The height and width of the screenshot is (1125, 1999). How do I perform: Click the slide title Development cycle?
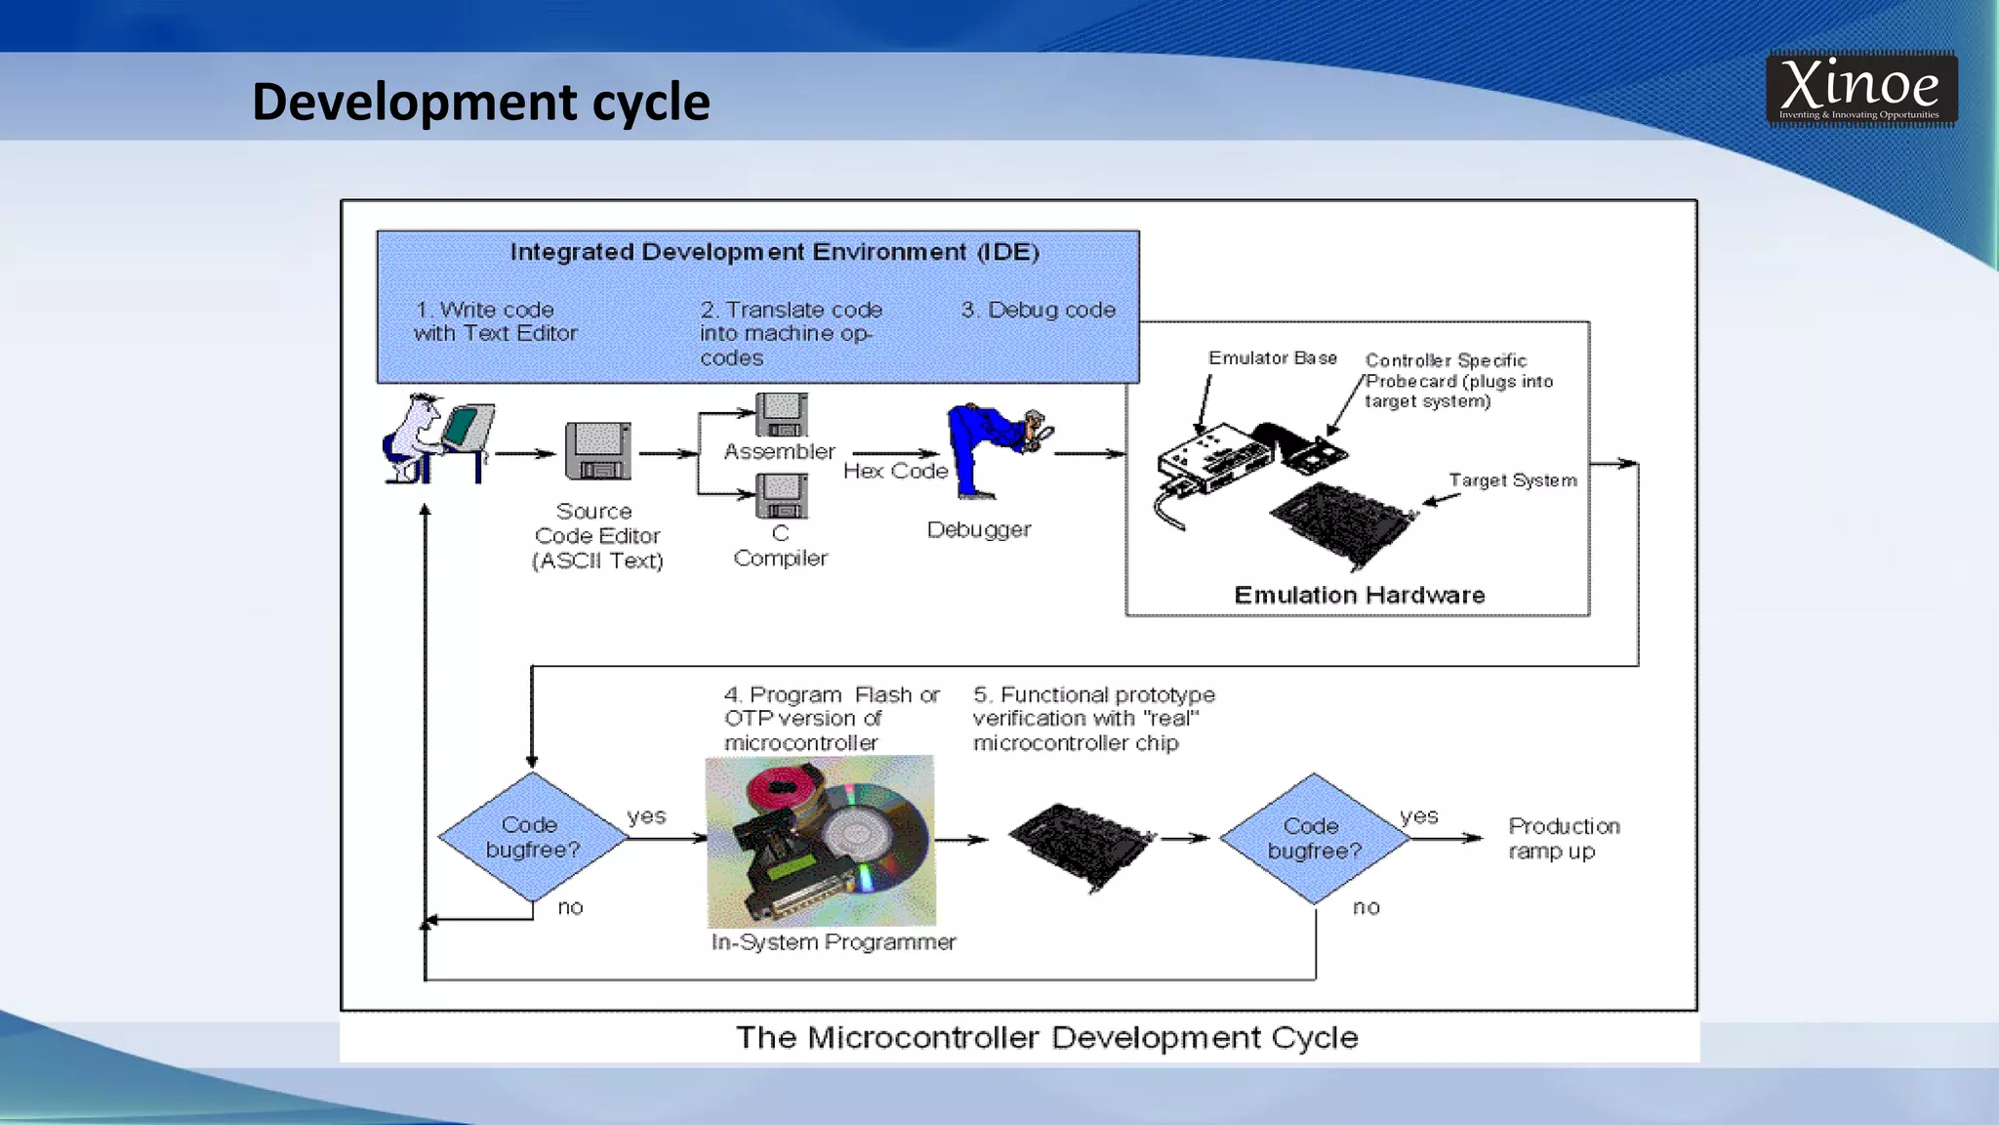pyautogui.click(x=480, y=102)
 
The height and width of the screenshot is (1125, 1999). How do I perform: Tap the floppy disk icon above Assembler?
pyautogui.click(x=781, y=415)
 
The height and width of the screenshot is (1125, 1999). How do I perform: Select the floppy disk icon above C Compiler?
pyautogui.click(x=781, y=496)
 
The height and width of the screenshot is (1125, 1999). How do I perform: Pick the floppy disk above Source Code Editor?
pyautogui.click(x=597, y=451)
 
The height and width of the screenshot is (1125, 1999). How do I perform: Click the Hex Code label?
pyautogui.click(x=895, y=471)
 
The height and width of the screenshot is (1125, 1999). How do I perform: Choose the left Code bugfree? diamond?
pyautogui.click(x=532, y=837)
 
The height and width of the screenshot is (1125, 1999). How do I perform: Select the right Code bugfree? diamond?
pyautogui.click(x=1314, y=838)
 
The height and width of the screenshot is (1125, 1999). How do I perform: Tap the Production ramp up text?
pyautogui.click(x=1563, y=838)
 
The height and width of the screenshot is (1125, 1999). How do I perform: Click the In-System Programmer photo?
pyautogui.click(x=820, y=841)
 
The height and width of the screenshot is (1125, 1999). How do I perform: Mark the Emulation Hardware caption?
pyautogui.click(x=1359, y=595)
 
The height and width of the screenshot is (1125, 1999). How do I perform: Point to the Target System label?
pyautogui.click(x=1512, y=480)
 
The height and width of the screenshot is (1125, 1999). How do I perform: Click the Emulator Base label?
pyautogui.click(x=1272, y=358)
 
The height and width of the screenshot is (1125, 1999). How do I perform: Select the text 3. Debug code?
pyautogui.click(x=1038, y=310)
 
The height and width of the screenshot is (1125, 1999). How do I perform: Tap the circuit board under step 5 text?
pyautogui.click(x=1081, y=843)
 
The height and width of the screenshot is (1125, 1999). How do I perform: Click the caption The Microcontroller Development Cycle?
pyautogui.click(x=1046, y=1037)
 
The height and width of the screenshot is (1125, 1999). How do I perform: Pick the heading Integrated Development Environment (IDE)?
pyautogui.click(x=774, y=252)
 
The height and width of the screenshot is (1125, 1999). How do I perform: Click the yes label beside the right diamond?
pyautogui.click(x=1418, y=816)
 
